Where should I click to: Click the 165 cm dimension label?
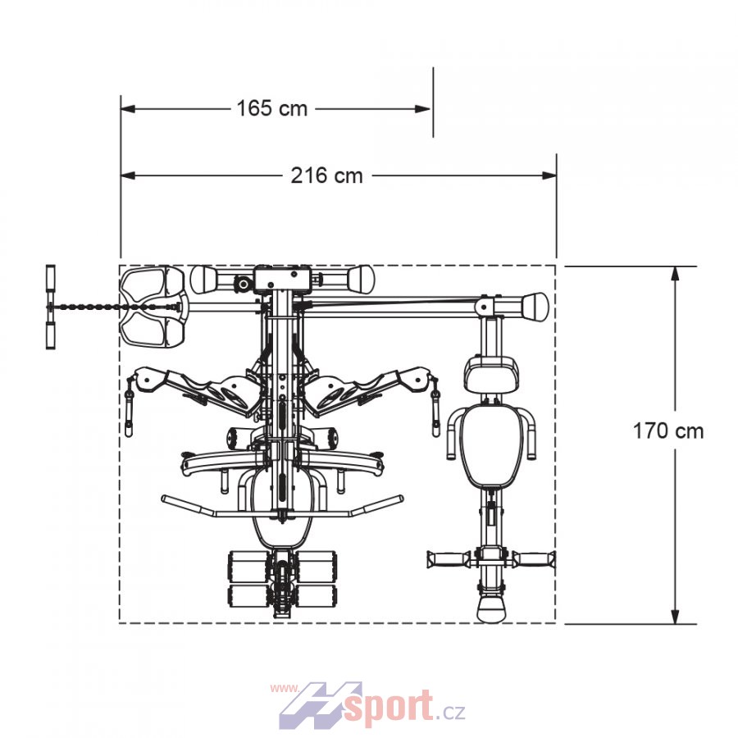pos(272,109)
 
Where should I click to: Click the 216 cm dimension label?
pos(326,176)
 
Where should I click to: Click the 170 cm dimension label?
pos(667,431)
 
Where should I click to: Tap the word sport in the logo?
pos(389,704)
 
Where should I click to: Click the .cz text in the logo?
pos(450,710)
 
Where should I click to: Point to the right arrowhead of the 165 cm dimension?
pos(422,109)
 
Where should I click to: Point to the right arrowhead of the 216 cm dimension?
pos(549,175)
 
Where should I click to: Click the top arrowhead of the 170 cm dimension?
pos(675,275)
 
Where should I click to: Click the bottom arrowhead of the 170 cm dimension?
pos(675,616)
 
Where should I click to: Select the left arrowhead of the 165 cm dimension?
pos(129,109)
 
